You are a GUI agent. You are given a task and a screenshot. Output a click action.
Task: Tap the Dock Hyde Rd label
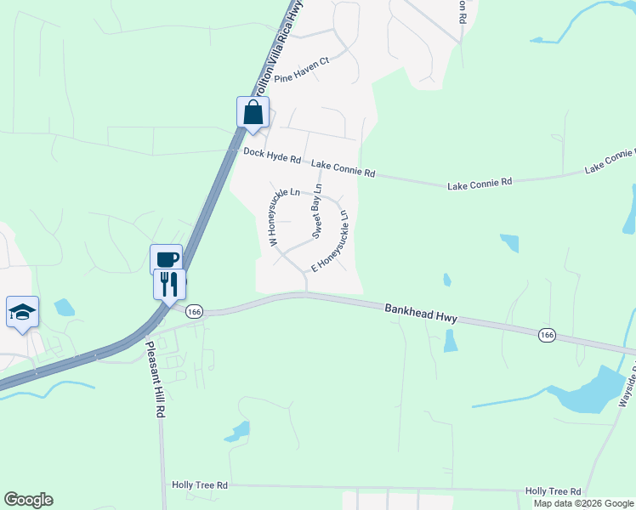pyautogui.click(x=272, y=156)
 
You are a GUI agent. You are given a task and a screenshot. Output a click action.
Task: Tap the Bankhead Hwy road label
pyautogui.click(x=420, y=313)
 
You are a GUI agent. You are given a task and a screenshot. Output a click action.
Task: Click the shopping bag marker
pyautogui.click(x=253, y=112)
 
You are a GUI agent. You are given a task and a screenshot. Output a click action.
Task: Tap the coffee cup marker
pyautogui.click(x=166, y=259)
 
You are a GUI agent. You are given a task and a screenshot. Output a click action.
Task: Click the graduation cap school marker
pyautogui.click(x=23, y=312)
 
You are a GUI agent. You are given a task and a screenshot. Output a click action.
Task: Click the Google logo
pyautogui.click(x=28, y=500)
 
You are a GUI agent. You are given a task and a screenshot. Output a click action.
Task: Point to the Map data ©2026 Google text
pyautogui.click(x=583, y=503)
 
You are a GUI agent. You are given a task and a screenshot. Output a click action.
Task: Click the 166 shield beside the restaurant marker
pyautogui.click(x=195, y=312)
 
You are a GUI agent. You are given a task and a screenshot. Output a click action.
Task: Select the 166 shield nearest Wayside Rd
pyautogui.click(x=547, y=336)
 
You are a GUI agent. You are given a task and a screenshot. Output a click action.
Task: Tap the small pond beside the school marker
pyautogui.click(x=65, y=307)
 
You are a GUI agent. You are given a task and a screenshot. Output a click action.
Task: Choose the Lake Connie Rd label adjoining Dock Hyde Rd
pyautogui.click(x=343, y=167)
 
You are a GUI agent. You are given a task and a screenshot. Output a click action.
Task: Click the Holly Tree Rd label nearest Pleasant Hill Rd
pyautogui.click(x=200, y=484)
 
